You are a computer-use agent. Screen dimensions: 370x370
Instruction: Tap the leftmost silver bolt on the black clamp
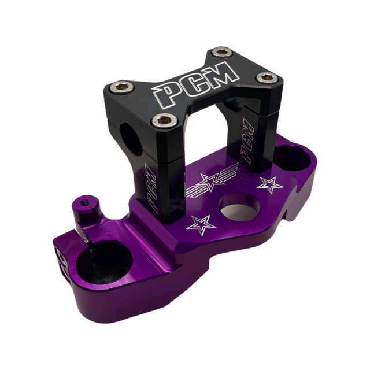[x=122, y=87]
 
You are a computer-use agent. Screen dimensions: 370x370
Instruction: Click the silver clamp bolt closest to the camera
[x=164, y=120]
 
